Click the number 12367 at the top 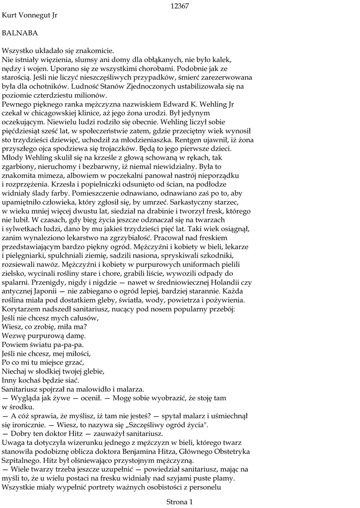click(180, 6)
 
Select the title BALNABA click(20, 33)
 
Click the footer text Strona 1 click(179, 502)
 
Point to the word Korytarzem click(22, 310)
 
